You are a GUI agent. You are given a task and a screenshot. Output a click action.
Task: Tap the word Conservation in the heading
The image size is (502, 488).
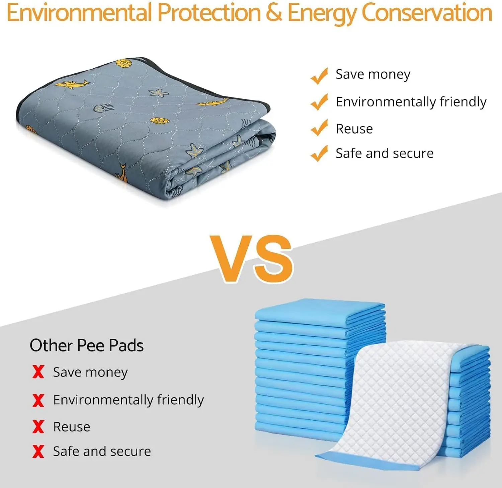click(427, 13)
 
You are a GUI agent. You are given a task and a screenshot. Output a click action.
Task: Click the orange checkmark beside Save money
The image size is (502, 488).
click(319, 76)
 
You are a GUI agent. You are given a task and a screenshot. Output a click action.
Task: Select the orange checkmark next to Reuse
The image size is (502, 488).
click(319, 128)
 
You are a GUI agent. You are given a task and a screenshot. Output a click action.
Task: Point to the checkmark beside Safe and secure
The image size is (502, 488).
click(319, 153)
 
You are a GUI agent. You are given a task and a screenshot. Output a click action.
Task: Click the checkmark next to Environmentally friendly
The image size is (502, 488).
click(319, 102)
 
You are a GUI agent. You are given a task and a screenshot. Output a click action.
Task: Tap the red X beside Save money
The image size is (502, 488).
click(38, 372)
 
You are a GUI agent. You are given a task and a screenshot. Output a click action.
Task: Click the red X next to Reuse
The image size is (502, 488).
click(38, 426)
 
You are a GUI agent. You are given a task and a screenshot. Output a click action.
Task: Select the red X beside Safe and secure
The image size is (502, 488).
click(38, 451)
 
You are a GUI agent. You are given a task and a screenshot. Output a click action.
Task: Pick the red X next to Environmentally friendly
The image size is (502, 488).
click(38, 400)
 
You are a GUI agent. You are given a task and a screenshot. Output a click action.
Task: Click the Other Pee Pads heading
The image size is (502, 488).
click(87, 345)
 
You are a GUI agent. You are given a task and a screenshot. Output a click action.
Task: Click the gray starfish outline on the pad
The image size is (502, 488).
click(158, 92)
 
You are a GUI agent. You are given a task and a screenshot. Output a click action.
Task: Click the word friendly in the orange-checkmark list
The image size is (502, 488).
click(463, 101)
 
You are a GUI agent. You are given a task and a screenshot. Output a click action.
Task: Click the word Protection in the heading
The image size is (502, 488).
click(209, 13)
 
